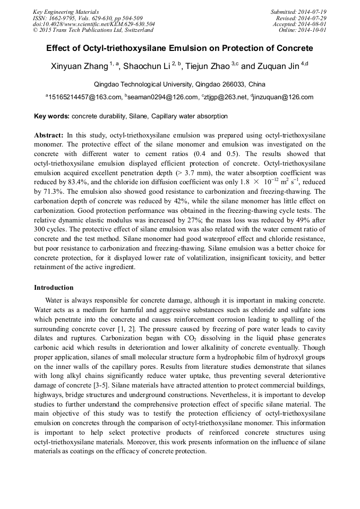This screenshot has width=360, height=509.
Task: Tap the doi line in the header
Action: coord(94,24)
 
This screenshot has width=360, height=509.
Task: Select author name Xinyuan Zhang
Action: coord(80,66)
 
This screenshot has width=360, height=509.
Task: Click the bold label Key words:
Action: coord(52,116)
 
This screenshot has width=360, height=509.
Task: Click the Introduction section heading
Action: coord(54,287)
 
